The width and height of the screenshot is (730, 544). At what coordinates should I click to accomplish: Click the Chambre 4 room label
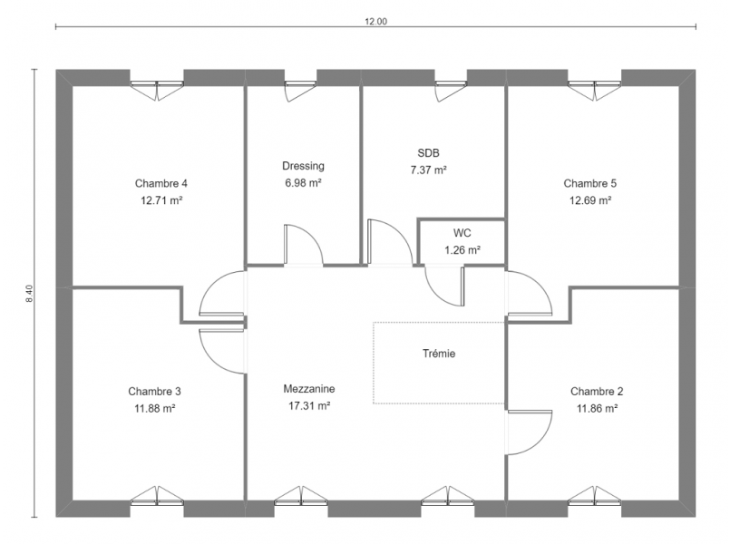(161, 182)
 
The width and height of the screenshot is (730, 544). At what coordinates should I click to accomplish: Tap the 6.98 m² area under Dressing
(303, 182)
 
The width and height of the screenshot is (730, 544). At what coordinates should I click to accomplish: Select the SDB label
(428, 153)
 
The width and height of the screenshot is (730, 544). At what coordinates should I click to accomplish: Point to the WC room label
(462, 232)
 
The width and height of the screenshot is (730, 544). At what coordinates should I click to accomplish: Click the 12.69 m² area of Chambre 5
(589, 199)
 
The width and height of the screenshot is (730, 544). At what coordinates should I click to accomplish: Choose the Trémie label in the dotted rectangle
(439, 354)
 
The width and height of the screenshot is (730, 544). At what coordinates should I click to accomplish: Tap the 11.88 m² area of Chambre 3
(154, 408)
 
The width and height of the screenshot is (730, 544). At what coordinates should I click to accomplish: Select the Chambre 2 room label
(597, 392)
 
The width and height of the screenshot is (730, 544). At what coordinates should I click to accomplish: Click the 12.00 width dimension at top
(375, 23)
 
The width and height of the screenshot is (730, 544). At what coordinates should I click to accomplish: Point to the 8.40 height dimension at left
(29, 295)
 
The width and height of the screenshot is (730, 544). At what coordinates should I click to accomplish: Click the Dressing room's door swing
(303, 245)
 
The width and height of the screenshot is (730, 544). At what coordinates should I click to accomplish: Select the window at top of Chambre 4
(156, 87)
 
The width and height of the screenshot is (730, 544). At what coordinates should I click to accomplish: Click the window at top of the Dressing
(301, 87)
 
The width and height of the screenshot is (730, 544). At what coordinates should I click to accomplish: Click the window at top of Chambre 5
(595, 87)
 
